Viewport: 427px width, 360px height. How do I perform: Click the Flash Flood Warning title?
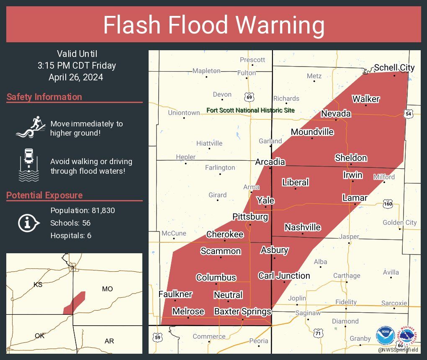(213, 25)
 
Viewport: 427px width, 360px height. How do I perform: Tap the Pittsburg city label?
(250, 217)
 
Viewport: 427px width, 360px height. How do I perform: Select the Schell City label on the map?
(394, 67)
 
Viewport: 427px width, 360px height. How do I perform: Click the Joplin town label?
(297, 298)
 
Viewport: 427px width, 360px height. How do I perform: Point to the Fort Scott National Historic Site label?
(250, 111)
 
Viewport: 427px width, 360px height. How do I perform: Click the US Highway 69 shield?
(250, 98)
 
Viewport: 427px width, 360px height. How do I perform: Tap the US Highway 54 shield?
(409, 114)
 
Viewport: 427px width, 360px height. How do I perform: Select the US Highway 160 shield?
(387, 204)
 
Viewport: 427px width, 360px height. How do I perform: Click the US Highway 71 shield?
(318, 333)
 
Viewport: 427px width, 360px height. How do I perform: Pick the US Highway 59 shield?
(157, 337)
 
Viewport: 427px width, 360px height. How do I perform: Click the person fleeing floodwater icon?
(30, 127)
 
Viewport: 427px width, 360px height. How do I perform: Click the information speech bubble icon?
(28, 223)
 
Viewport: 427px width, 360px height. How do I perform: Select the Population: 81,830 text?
(82, 210)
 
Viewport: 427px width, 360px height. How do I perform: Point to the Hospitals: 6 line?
(71, 236)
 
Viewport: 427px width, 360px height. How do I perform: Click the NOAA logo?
(385, 336)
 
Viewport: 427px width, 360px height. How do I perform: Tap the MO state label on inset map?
(107, 289)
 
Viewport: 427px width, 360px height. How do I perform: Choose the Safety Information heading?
(44, 97)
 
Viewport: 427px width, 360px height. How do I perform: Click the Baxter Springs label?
(242, 311)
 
